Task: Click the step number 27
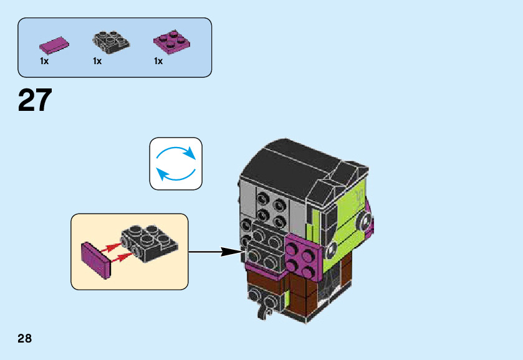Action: point(35,100)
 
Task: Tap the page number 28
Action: point(24,339)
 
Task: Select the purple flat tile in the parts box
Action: point(54,45)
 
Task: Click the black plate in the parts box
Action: point(112,40)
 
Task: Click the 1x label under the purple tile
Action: point(44,62)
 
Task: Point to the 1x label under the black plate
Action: point(97,62)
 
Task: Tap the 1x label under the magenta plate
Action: point(158,62)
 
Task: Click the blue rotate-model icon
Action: point(176,163)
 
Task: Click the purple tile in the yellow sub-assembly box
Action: point(96,260)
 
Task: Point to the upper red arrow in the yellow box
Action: point(110,248)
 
